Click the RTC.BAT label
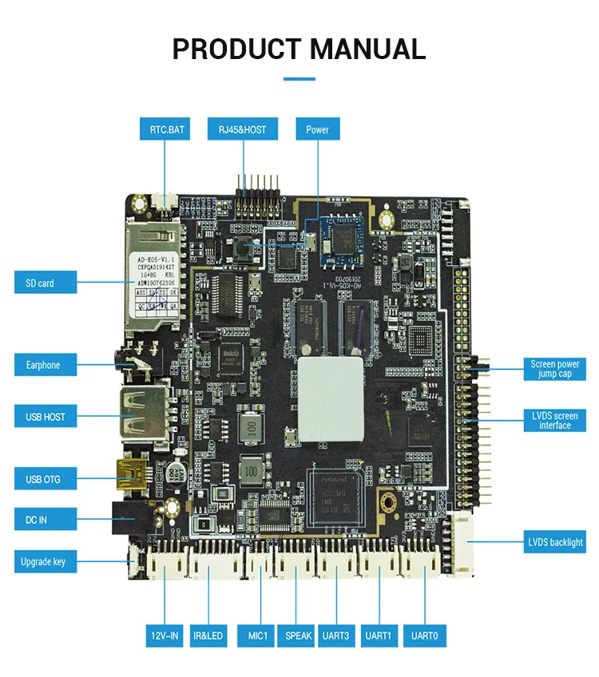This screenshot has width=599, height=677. click(165, 129)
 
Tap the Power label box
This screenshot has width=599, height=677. click(317, 129)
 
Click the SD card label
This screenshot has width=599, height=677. click(46, 283)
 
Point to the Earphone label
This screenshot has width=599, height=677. click(46, 365)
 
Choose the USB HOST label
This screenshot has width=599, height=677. click(46, 417)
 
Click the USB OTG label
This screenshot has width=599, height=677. click(46, 479)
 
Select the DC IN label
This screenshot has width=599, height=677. click(46, 520)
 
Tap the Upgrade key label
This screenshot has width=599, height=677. click(46, 562)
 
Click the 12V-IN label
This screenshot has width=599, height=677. click(165, 636)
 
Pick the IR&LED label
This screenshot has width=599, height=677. click(208, 636)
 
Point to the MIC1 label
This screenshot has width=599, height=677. click(256, 636)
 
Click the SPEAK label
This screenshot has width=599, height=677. click(296, 636)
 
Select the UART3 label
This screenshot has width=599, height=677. click(337, 636)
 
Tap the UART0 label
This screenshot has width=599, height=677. click(424, 636)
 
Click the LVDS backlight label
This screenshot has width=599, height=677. click(555, 542)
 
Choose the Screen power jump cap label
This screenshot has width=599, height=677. click(555, 369)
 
